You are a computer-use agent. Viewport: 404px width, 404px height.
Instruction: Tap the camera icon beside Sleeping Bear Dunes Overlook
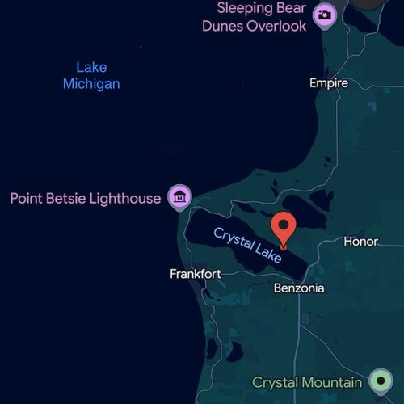click(325, 15)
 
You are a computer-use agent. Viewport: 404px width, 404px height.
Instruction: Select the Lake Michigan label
click(91, 76)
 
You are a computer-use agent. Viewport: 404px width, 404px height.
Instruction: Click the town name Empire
click(329, 83)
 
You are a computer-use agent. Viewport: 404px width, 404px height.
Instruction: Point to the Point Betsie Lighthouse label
click(86, 198)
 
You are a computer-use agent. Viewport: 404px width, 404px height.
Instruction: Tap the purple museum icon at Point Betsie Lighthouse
click(179, 196)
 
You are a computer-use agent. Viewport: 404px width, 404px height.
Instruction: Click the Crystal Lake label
click(247, 245)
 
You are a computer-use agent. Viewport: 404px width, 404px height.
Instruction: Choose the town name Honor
click(360, 242)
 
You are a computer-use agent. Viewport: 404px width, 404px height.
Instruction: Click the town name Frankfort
click(195, 274)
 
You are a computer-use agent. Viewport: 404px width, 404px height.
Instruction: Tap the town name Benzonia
click(299, 288)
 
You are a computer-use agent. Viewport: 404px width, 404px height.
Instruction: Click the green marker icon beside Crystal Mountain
click(380, 380)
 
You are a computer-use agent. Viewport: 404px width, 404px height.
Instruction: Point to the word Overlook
click(276, 27)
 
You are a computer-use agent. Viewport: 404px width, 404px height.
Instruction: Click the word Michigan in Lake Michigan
click(91, 84)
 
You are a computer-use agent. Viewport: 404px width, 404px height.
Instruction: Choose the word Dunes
click(223, 27)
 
